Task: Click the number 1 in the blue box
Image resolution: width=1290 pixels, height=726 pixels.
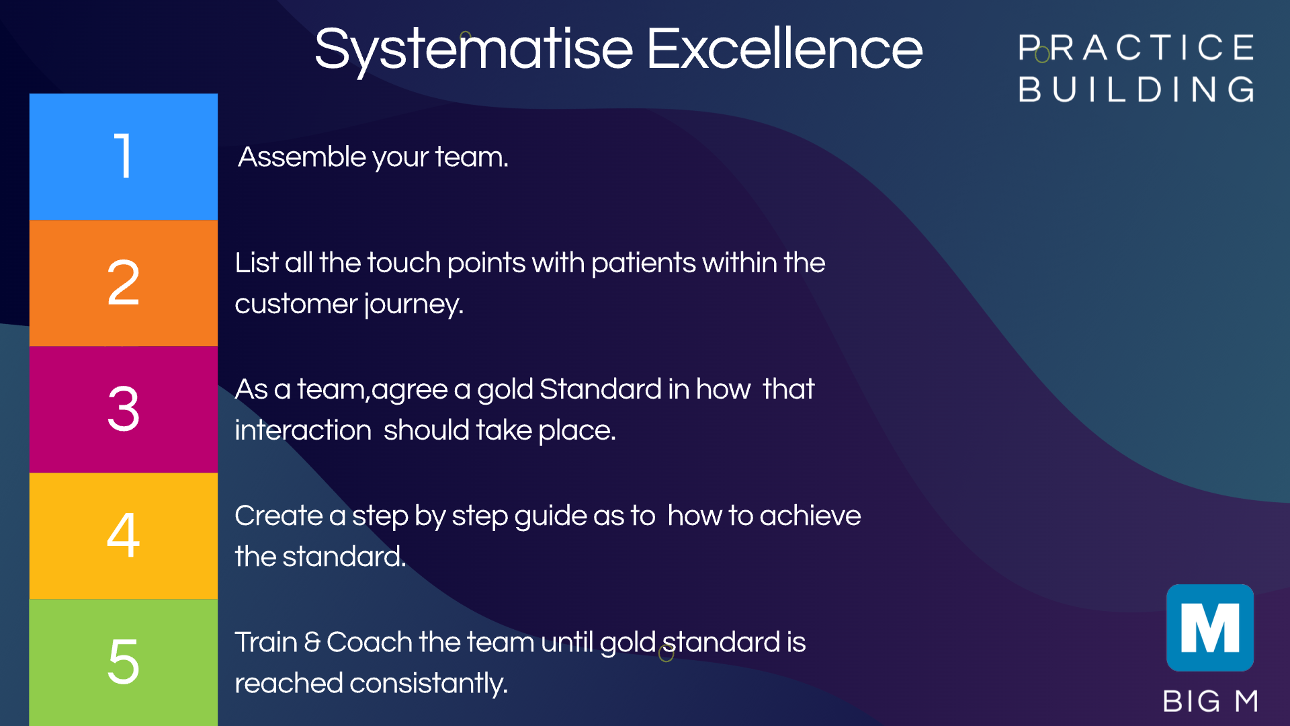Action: click(123, 156)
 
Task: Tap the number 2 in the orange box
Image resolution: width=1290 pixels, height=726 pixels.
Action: click(124, 282)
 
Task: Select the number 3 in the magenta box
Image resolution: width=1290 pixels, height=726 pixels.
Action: click(124, 409)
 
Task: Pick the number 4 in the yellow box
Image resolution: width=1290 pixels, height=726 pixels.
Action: click(124, 535)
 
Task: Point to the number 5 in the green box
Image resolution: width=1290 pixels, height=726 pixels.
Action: click(124, 661)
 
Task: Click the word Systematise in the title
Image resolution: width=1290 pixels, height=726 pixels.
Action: click(474, 51)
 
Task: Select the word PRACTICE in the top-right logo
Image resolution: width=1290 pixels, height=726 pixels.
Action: click(1136, 48)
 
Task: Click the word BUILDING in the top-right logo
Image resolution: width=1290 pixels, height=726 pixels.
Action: click(1136, 89)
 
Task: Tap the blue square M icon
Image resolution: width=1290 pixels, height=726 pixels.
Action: click(1210, 628)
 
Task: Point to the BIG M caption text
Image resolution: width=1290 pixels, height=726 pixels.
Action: click(1211, 701)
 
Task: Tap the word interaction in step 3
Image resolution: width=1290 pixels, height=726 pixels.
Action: click(303, 430)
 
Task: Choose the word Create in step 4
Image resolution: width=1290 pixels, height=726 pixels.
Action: click(279, 516)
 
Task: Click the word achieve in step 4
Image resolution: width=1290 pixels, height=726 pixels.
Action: click(810, 516)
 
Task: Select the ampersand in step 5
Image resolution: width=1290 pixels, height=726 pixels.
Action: click(312, 642)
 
